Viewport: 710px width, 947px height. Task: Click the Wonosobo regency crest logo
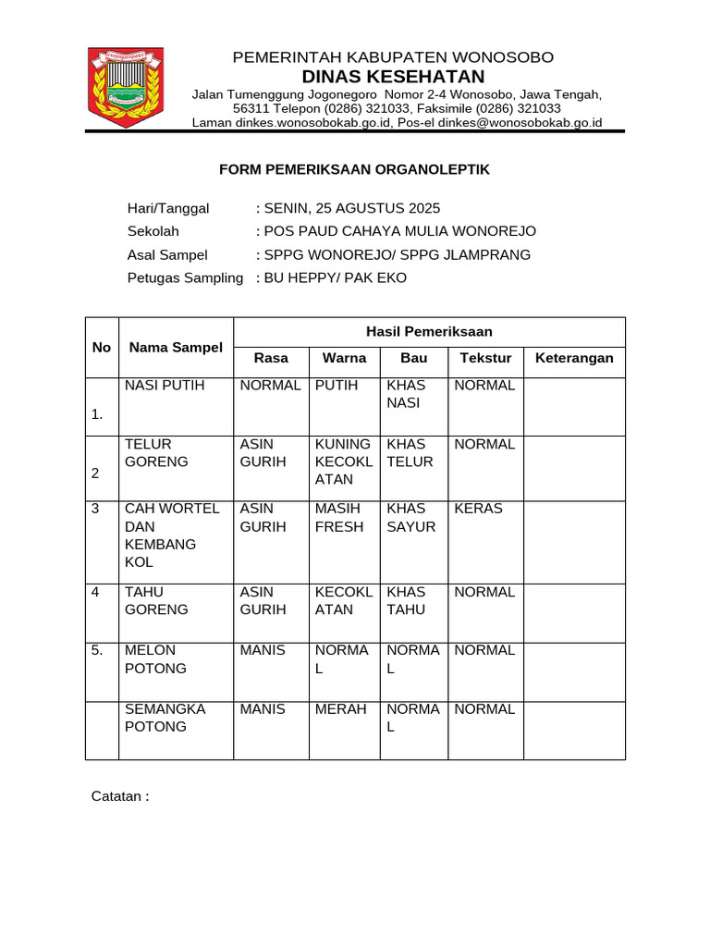(125, 87)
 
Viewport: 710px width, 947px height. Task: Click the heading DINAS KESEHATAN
(393, 76)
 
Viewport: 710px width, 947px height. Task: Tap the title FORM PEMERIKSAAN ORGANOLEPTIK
(354, 170)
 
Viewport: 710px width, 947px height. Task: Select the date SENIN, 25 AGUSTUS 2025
(351, 208)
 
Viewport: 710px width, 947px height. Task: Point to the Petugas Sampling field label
(185, 277)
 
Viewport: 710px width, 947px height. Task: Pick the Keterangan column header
(574, 358)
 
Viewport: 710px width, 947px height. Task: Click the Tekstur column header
(485, 358)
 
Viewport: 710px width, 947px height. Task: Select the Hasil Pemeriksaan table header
(429, 331)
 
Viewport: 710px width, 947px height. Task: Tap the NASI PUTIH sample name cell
(165, 386)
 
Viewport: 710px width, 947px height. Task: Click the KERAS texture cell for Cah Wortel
(479, 509)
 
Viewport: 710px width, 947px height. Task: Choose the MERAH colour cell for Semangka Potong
(341, 709)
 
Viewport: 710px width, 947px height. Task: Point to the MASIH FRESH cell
(341, 518)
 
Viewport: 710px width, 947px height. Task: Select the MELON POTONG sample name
(155, 658)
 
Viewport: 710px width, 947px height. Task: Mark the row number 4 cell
(96, 592)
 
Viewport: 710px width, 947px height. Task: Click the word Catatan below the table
(119, 796)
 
